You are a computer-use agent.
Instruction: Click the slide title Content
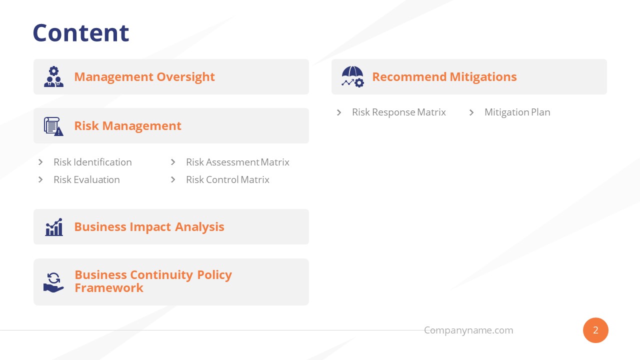[80, 33]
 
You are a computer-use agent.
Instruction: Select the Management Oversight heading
[144, 76]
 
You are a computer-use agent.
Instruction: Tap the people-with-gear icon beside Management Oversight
[53, 76]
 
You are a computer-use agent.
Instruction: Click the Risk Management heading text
[127, 125]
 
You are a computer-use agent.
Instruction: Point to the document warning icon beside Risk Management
[53, 126]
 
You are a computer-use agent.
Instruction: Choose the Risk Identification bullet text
[92, 162]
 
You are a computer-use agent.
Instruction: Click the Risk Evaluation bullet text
[86, 179]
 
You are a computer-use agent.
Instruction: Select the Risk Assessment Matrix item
[237, 162]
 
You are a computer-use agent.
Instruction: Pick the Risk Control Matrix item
[227, 179]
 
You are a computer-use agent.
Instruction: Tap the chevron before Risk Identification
[40, 162]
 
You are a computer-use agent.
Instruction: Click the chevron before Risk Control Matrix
[173, 179]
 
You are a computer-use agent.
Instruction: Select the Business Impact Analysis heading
[149, 226]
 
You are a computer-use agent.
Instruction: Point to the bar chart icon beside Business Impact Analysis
[53, 227]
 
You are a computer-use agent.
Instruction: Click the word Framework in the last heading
[109, 288]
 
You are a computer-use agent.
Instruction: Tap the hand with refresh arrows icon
[53, 282]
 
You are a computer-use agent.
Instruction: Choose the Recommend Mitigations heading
[444, 76]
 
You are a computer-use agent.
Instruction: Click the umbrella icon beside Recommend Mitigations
[352, 76]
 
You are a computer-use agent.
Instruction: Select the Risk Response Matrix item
[398, 112]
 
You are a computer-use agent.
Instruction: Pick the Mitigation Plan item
[517, 112]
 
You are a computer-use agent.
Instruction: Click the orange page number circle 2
[595, 330]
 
